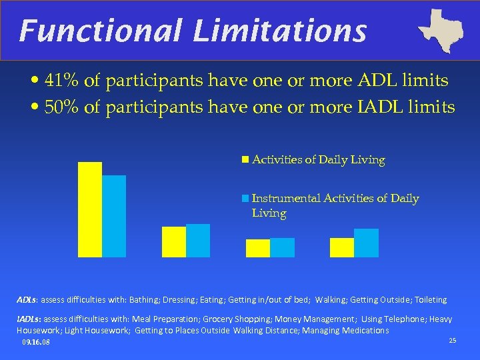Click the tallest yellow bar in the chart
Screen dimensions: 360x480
point(90,209)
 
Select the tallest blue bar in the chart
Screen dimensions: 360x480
point(114,216)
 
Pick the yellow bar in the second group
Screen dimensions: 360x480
point(174,241)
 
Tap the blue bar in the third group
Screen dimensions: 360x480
point(282,247)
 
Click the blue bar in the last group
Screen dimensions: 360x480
point(366,243)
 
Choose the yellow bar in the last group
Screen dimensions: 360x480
point(342,247)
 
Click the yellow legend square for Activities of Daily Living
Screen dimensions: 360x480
point(245,160)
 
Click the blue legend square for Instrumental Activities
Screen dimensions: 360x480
point(245,199)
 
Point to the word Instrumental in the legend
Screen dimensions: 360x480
point(286,199)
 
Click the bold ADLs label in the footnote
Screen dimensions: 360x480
point(27,300)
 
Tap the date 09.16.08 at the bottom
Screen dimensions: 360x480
point(35,343)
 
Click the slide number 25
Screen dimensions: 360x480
point(453,341)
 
